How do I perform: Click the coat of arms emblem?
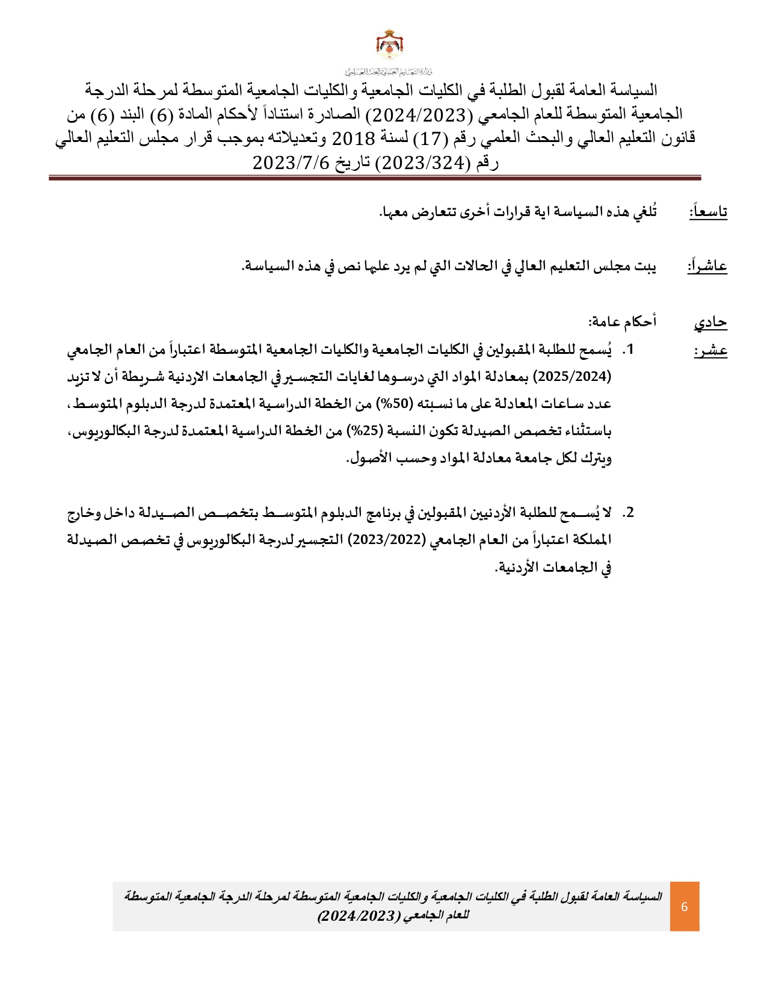[x=389, y=45]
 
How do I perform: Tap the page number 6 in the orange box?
[x=684, y=906]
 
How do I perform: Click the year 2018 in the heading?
[x=353, y=139]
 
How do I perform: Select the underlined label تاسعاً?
[x=708, y=212]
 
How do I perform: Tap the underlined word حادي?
[x=710, y=323]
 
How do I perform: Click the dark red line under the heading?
[x=375, y=178]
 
